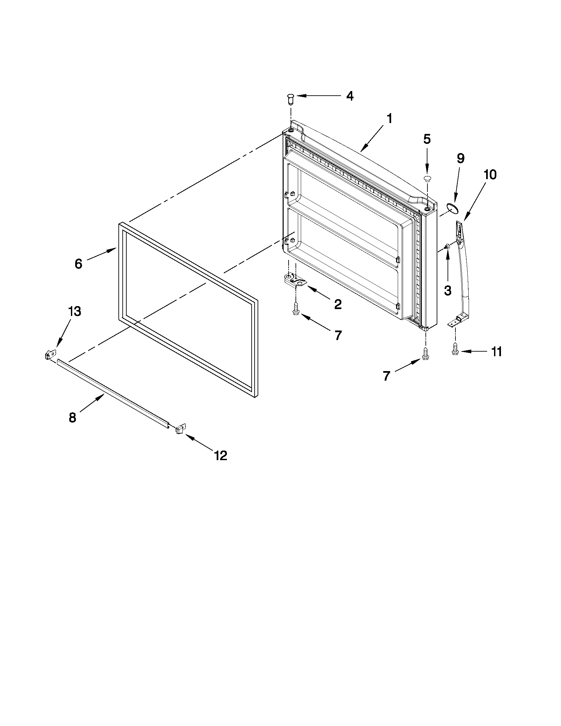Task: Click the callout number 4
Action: point(350,96)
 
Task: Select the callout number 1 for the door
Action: point(389,119)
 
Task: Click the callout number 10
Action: point(490,174)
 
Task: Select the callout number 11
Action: point(497,352)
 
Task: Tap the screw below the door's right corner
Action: point(425,354)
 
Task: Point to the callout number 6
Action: point(78,264)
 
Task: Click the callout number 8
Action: point(73,418)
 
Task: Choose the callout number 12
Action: point(221,456)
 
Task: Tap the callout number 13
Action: point(75,311)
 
